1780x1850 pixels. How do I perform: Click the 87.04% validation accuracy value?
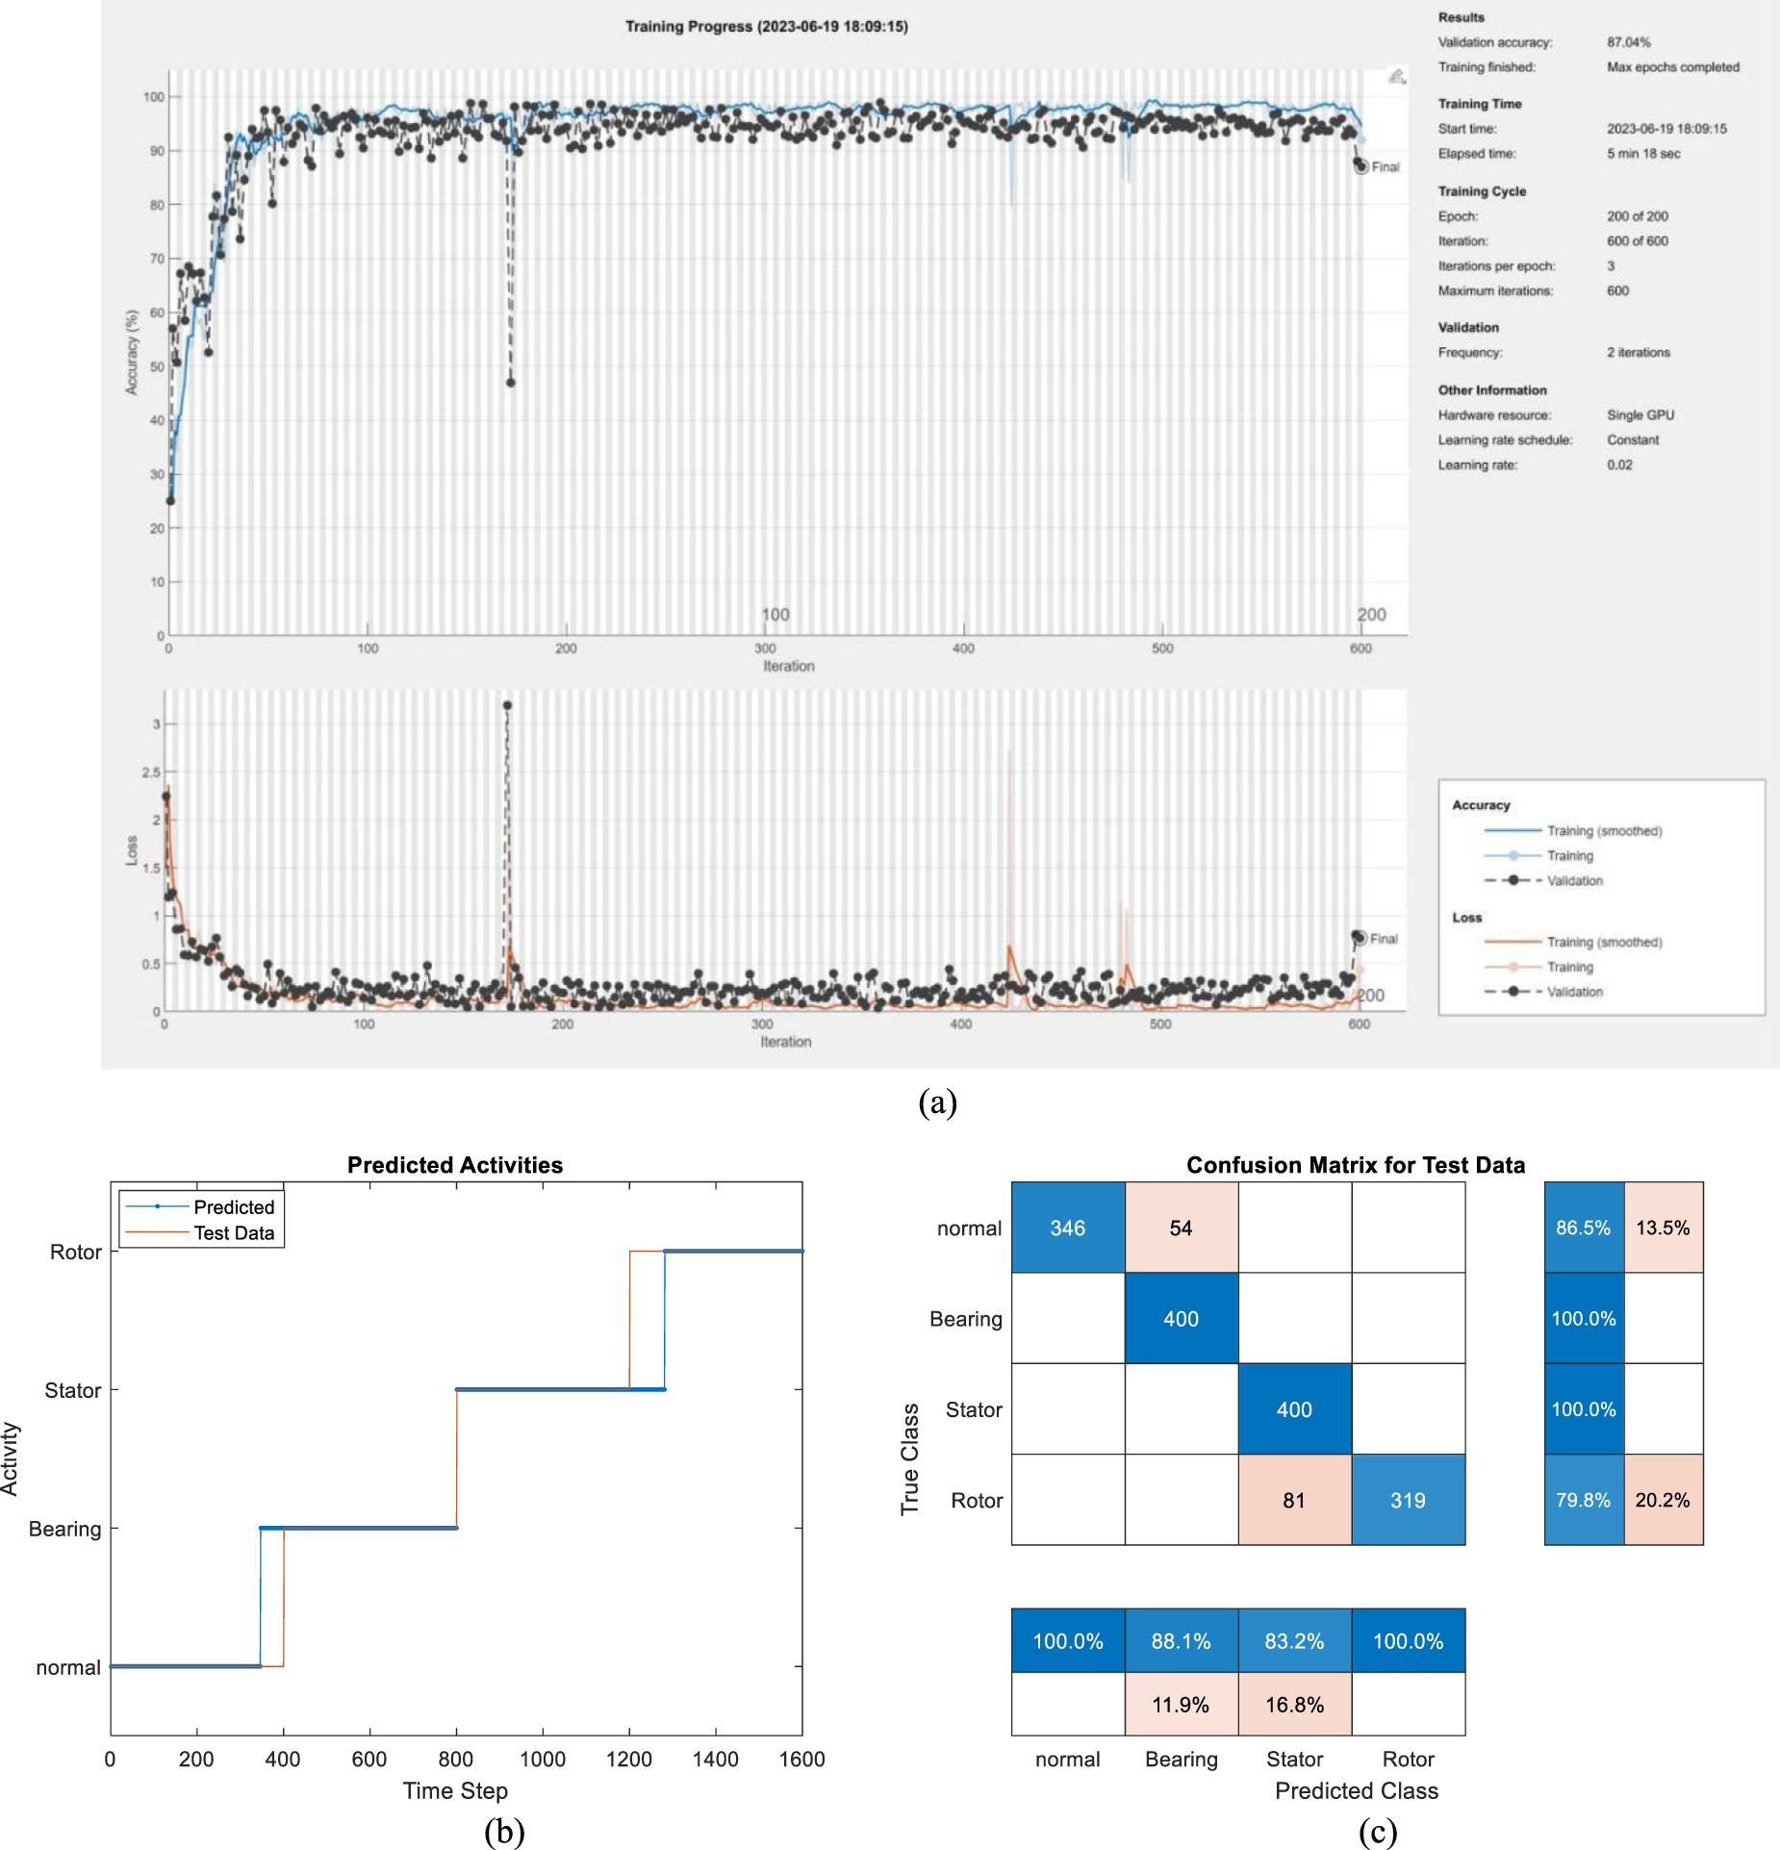point(1628,42)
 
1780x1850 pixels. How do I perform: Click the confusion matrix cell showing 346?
point(1067,1228)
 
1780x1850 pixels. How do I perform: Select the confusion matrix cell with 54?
point(1181,1228)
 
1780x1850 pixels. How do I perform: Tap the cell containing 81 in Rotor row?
point(1294,1500)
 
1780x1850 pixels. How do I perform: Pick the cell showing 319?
point(1408,1500)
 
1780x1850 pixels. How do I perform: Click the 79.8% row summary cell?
point(1583,1500)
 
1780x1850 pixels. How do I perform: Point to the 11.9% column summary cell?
point(1181,1705)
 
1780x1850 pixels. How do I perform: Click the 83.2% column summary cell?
point(1294,1641)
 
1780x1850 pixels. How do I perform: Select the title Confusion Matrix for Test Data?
point(1355,1165)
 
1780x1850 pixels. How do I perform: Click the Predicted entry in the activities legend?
point(233,1206)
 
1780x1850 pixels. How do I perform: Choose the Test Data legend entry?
point(233,1232)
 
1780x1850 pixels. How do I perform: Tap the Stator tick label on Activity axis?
point(72,1390)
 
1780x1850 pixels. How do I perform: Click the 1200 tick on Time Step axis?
point(628,1759)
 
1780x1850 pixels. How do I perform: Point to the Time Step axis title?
point(455,1790)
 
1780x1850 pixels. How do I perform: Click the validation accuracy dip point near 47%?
point(511,383)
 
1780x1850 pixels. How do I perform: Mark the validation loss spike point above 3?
point(507,705)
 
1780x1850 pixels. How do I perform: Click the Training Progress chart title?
point(766,26)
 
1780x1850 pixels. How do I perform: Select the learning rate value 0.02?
point(1619,465)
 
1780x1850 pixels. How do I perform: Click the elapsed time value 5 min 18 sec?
point(1643,153)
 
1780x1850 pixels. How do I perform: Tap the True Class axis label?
point(909,1458)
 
